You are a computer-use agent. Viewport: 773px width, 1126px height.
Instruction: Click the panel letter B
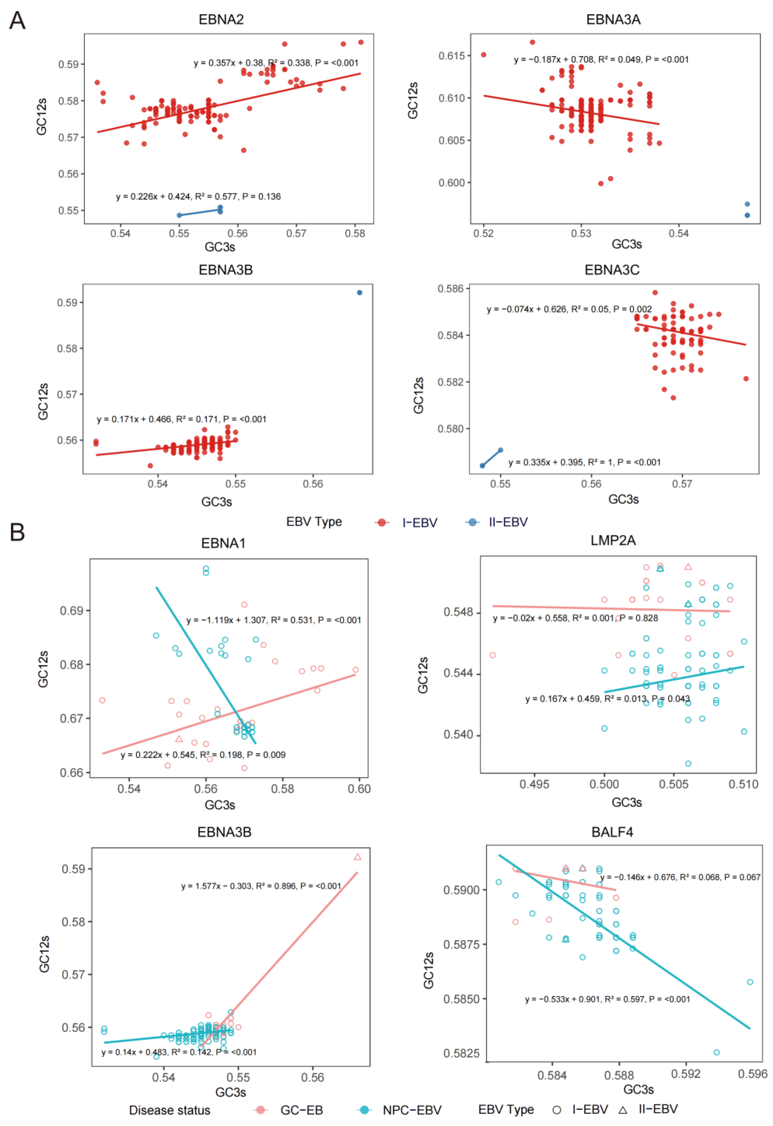click(x=17, y=532)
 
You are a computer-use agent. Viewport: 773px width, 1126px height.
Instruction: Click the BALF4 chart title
click(x=612, y=832)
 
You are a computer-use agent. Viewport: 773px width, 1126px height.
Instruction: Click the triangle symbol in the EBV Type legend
click(x=623, y=1109)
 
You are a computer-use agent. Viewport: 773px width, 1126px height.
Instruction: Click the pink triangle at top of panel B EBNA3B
click(x=357, y=857)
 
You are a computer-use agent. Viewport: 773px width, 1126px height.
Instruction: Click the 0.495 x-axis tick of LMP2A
click(x=534, y=784)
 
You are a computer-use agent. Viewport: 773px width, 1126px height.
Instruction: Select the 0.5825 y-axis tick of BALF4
click(x=460, y=1053)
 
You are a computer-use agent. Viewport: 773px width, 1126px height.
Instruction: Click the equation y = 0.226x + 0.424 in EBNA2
click(x=198, y=196)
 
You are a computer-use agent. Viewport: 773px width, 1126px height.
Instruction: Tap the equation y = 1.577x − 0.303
click(x=261, y=886)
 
